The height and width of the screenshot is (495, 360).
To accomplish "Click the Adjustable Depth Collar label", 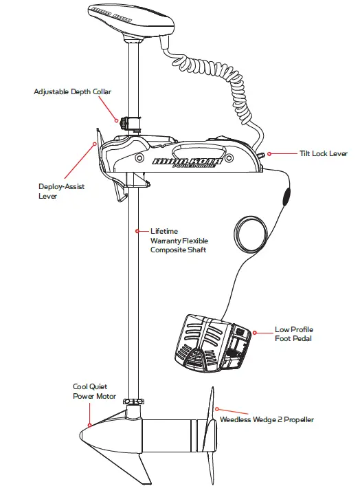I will coord(72,91).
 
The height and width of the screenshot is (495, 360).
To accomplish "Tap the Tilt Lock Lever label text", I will coord(323,154).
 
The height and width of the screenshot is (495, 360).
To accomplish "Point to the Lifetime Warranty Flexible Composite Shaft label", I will coord(179,241).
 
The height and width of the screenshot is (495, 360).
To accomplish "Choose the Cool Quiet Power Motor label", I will coord(90,391).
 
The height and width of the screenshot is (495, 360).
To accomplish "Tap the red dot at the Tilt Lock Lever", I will coord(269,154).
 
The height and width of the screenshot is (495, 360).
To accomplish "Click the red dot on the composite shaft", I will coord(137,231).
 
